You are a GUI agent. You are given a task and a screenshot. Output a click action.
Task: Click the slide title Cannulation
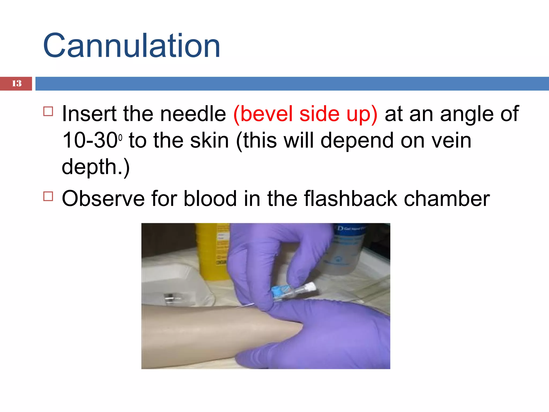tap(131, 46)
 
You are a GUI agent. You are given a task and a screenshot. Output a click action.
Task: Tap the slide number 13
tap(17, 83)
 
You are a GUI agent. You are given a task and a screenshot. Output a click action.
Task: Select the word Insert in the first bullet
tap(89, 114)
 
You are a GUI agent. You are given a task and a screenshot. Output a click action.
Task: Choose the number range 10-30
tap(90, 140)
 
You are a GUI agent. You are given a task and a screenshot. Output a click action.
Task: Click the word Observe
tap(103, 198)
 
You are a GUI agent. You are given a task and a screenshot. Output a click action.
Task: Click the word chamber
tap(447, 198)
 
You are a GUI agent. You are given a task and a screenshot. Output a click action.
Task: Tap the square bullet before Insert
tap(48, 111)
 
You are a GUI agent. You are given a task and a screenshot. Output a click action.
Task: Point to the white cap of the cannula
tap(311, 287)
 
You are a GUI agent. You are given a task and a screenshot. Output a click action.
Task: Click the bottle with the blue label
tap(346, 249)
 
